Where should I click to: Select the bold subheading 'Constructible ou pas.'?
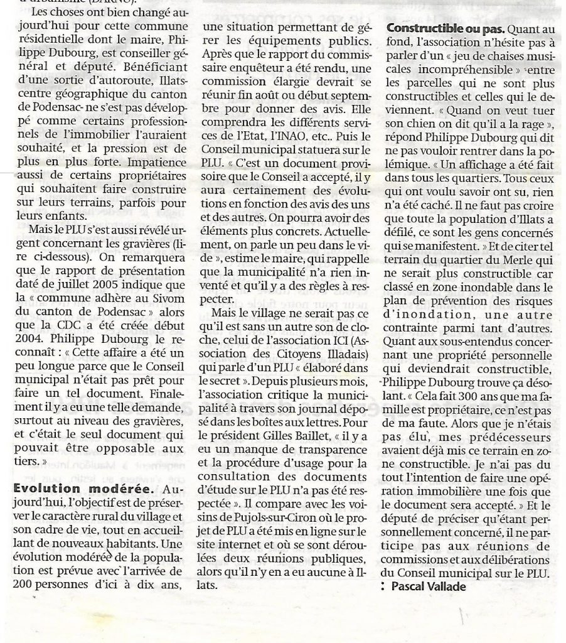pos(444,28)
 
